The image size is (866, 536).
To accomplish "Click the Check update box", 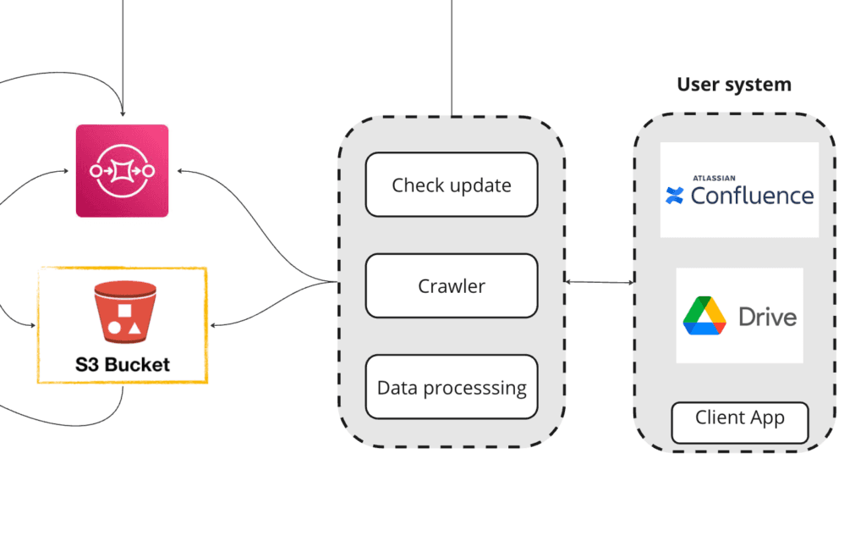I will [x=452, y=185].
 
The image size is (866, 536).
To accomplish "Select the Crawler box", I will [x=452, y=286].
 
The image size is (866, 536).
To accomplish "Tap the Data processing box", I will [x=452, y=388].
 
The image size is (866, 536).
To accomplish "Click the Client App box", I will [x=740, y=418].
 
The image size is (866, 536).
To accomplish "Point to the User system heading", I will [x=734, y=85].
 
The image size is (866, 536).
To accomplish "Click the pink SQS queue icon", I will [x=123, y=170].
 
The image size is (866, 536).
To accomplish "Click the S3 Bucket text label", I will [x=122, y=365].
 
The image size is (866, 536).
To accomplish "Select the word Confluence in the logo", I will [x=752, y=196].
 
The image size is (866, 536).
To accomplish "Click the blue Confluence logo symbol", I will [x=675, y=196].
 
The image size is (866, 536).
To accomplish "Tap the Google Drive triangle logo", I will [x=704, y=317].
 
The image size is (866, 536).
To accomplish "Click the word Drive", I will [x=768, y=318].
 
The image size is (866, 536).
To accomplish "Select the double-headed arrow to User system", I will [x=600, y=282].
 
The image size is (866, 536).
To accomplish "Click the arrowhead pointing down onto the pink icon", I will [x=123, y=113].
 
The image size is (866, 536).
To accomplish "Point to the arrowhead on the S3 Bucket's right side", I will [x=212, y=324].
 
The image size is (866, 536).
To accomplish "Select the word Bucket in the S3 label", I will [x=138, y=365].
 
